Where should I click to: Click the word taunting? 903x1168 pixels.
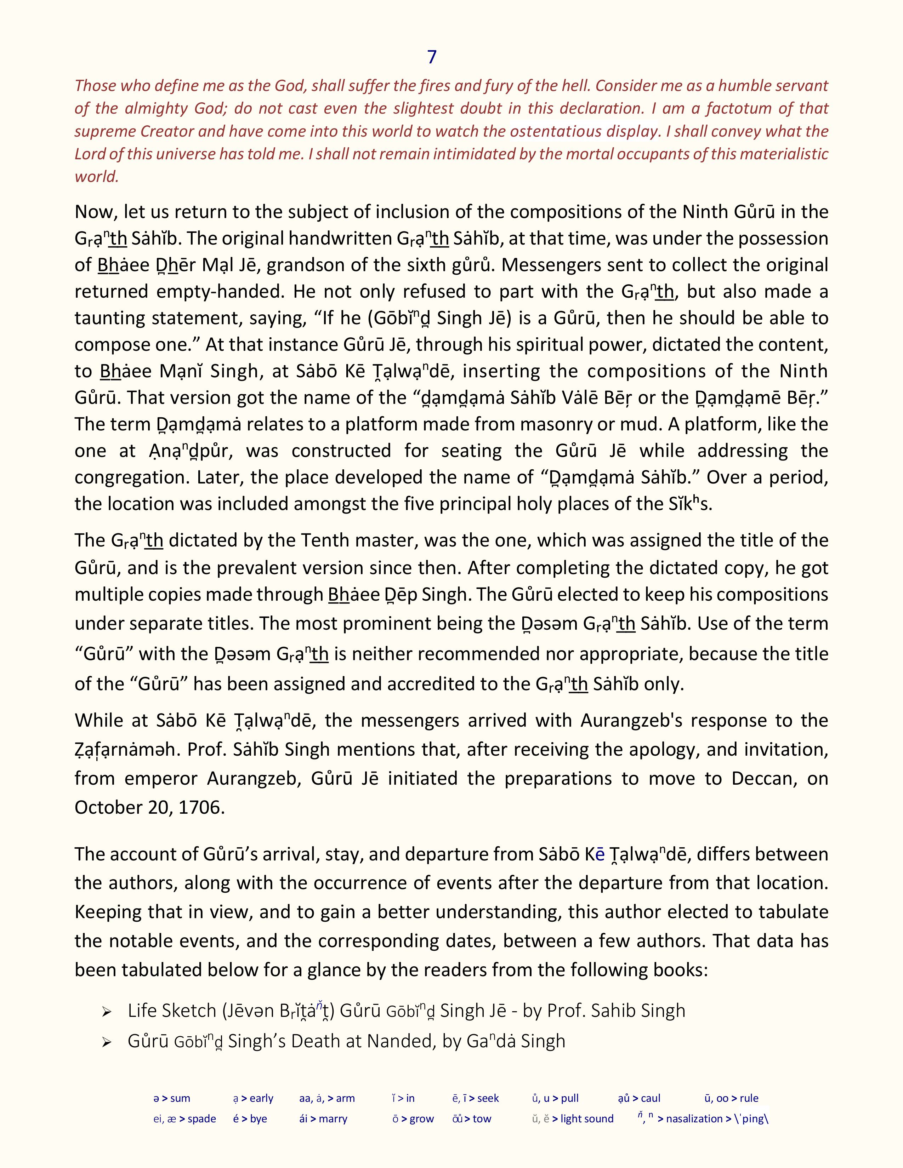[109, 318]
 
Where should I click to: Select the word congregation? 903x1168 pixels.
[127, 477]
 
